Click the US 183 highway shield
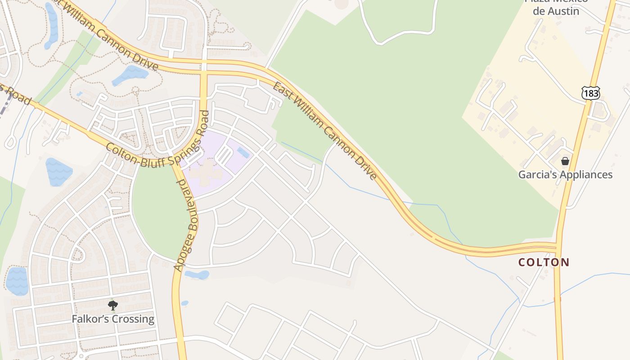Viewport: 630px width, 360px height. coord(589,93)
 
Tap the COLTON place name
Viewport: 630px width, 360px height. coord(544,262)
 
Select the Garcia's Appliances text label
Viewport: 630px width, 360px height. coord(565,175)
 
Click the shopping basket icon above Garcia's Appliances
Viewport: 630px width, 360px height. coord(565,161)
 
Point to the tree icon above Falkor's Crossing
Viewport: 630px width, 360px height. coord(113,306)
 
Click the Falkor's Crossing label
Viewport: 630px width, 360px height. coord(113,319)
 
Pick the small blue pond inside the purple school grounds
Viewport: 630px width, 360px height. coord(243,153)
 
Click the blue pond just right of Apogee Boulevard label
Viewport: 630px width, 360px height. coord(197,274)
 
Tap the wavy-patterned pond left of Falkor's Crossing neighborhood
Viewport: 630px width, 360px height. coord(17,281)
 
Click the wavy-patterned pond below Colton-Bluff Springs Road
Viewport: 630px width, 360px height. coord(58,171)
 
